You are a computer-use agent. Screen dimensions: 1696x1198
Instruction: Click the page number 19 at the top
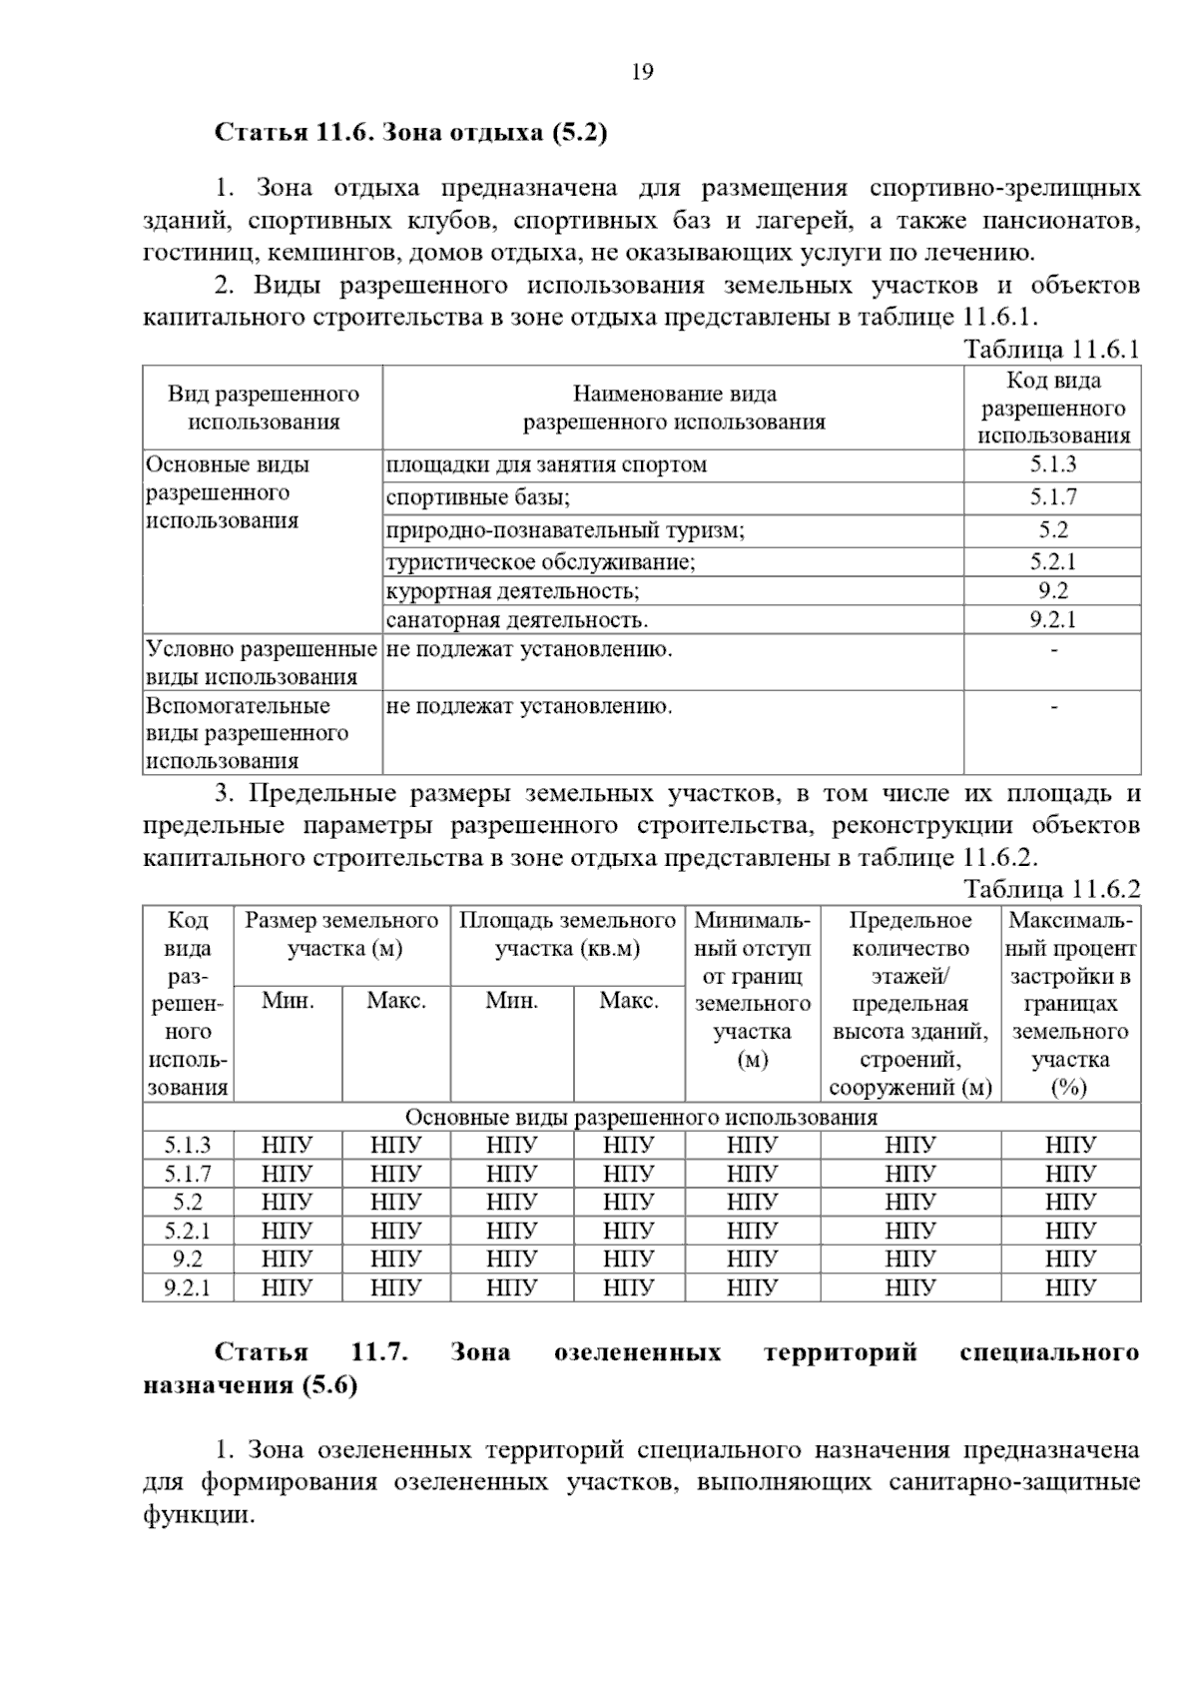tap(642, 72)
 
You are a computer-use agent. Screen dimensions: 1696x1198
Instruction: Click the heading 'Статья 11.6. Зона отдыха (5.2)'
tap(411, 132)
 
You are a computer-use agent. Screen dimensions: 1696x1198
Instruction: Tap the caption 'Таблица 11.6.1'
tap(1051, 350)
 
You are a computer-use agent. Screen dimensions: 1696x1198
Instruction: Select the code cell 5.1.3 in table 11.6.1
tap(1052, 464)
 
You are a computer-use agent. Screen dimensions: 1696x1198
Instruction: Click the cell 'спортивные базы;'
tap(478, 497)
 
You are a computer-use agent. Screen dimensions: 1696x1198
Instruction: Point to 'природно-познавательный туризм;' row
tap(565, 530)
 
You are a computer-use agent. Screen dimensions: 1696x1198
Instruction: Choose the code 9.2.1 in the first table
tap(1052, 619)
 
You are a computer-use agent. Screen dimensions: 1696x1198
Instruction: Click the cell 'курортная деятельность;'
tap(512, 590)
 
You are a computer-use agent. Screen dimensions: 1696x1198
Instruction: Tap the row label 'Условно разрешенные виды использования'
tap(262, 663)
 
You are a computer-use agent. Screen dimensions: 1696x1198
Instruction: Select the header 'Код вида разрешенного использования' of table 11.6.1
tap(1052, 408)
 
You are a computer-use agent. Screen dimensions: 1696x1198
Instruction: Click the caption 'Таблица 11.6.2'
tap(1051, 889)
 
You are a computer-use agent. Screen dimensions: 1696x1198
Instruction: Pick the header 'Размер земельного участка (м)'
tap(342, 934)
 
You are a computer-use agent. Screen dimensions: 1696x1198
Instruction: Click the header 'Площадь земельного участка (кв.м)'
tap(567, 934)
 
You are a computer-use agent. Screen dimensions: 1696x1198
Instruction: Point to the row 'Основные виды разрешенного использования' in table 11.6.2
tap(641, 1117)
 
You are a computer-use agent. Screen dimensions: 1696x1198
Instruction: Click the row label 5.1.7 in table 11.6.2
tap(188, 1174)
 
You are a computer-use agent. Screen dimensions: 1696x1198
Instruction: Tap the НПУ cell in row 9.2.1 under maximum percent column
tap(1070, 1287)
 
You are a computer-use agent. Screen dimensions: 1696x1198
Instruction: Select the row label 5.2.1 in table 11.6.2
tap(188, 1231)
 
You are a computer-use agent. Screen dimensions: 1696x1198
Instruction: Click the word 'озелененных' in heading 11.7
tap(637, 1352)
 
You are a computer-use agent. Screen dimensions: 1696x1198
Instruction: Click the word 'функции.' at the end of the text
tap(199, 1514)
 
